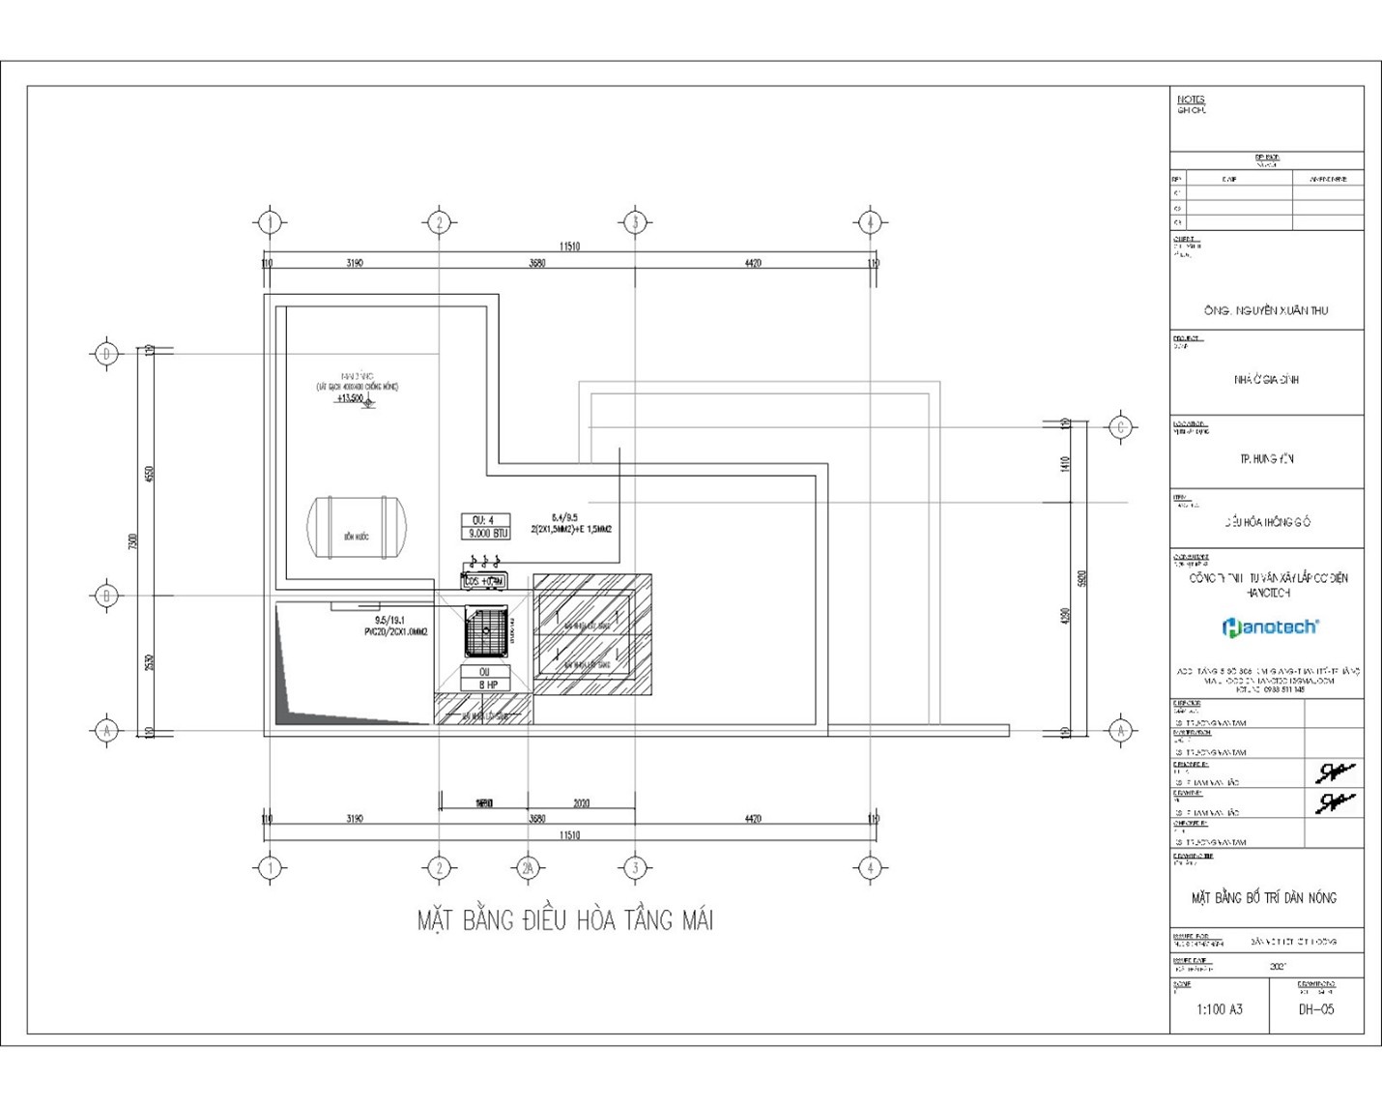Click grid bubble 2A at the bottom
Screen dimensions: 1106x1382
(528, 868)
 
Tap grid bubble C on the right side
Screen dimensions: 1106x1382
(1120, 427)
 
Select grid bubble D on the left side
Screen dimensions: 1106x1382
(106, 354)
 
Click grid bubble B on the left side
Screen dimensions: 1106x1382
(106, 596)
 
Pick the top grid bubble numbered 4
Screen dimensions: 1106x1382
(870, 222)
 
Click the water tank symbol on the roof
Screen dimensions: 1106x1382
(357, 527)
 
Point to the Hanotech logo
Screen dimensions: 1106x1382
(1270, 627)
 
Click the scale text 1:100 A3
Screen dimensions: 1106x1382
(1220, 1009)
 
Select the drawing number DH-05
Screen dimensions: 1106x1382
(1315, 1009)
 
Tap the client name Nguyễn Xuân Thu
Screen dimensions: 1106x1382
(1266, 310)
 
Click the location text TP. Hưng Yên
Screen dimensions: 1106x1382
(1266, 458)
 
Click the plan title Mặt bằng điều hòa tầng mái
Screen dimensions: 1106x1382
(565, 920)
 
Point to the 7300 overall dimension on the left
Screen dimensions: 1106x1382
(133, 541)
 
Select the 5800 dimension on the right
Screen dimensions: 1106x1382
(1081, 578)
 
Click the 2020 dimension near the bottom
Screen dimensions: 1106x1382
(581, 803)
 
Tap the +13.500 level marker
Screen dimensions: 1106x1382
(350, 398)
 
